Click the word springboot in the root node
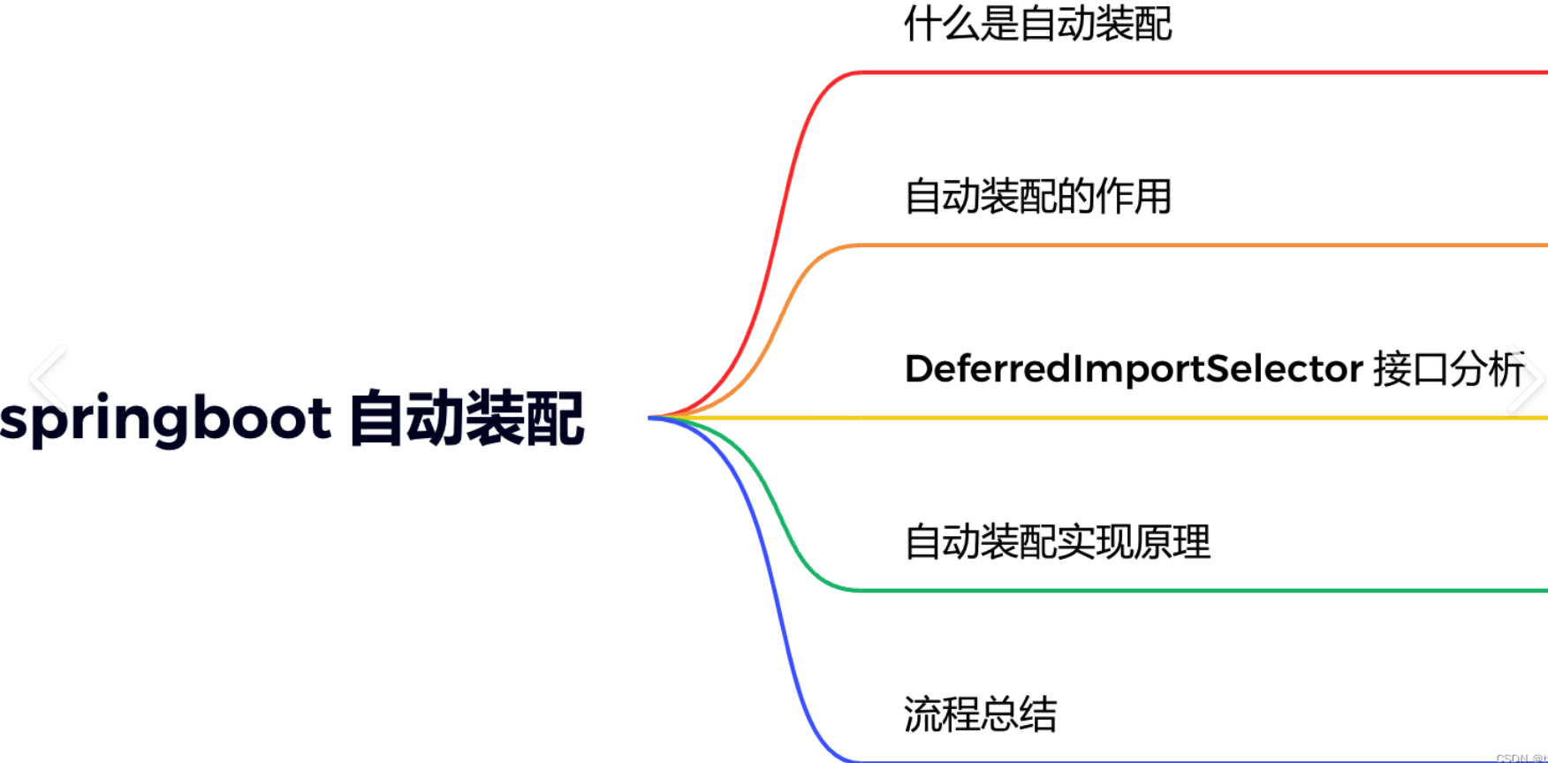pyautogui.click(x=165, y=419)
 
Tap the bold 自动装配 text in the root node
pyautogui.click(x=467, y=419)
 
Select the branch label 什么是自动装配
pyautogui.click(x=1037, y=24)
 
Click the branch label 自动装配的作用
pyautogui.click(x=1037, y=196)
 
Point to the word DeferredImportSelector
pyautogui.click(x=1134, y=368)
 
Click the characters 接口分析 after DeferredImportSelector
pyautogui.click(x=1448, y=368)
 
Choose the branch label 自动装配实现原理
pyautogui.click(x=1057, y=541)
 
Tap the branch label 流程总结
pyautogui.click(x=980, y=714)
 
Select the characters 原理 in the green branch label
pyautogui.click(x=1172, y=541)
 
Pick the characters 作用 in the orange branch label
pyautogui.click(x=1134, y=196)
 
